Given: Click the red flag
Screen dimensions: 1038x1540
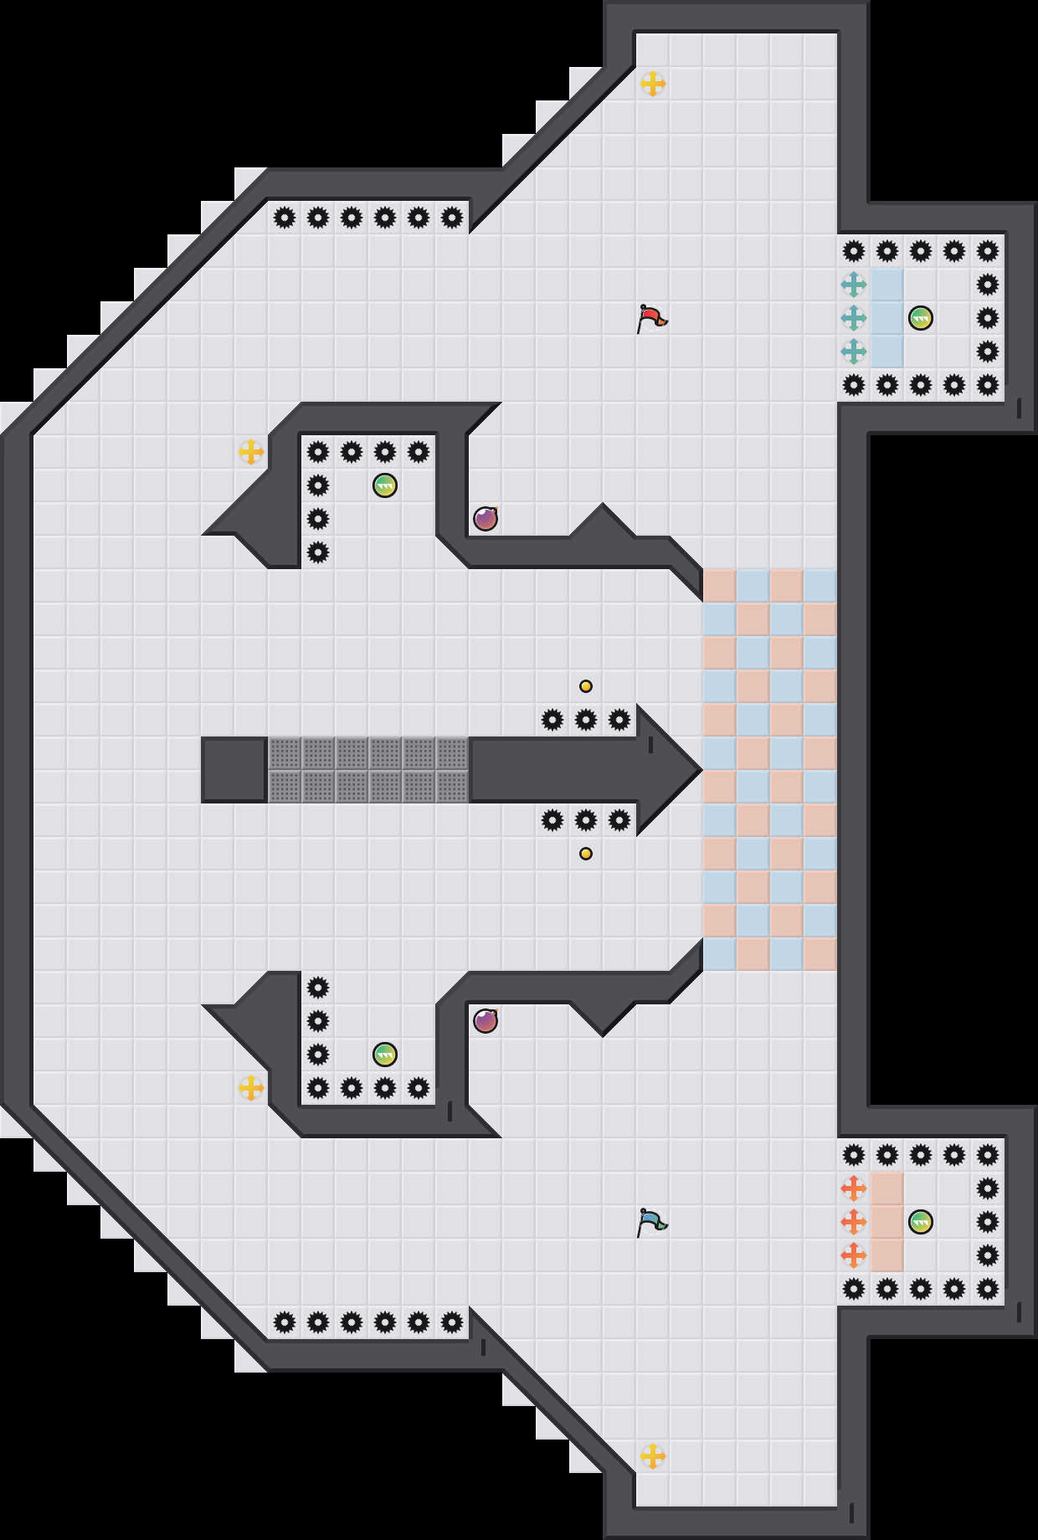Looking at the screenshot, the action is pyautogui.click(x=651, y=318).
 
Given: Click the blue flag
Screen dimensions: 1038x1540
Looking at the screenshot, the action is pyautogui.click(x=651, y=1222).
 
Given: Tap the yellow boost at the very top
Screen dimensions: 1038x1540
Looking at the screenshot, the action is pyautogui.click(x=653, y=84).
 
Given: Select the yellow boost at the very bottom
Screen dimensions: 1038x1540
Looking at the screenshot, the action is pyautogui.click(x=653, y=1456).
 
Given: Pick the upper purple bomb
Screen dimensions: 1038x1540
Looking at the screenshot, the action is pyautogui.click(x=486, y=519).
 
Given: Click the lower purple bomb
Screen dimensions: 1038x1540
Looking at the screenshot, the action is pyautogui.click(x=486, y=1021).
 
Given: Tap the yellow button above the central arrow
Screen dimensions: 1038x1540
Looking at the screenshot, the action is pyautogui.click(x=586, y=686).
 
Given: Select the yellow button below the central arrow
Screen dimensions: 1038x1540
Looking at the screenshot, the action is pyautogui.click(x=586, y=854).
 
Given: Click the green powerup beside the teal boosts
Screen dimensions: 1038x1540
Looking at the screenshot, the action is pyautogui.click(x=921, y=318).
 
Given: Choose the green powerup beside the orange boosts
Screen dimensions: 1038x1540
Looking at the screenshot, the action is pyautogui.click(x=921, y=1222).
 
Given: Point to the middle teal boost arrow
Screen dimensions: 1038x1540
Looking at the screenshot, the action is pyautogui.click(x=854, y=318).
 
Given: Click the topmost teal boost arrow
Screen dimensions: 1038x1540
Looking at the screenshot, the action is pyautogui.click(x=854, y=285).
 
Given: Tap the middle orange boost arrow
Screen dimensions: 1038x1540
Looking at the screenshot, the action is pyautogui.click(x=854, y=1222).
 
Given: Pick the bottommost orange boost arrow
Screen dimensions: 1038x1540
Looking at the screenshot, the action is pyautogui.click(x=854, y=1255).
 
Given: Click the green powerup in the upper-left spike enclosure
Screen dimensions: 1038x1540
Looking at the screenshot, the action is pyautogui.click(x=385, y=485).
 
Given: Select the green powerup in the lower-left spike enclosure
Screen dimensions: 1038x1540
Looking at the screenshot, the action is pyautogui.click(x=385, y=1055).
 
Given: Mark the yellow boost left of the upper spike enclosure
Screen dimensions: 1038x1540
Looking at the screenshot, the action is pyautogui.click(x=251, y=452).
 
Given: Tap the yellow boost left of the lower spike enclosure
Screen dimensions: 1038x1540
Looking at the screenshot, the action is pyautogui.click(x=251, y=1088).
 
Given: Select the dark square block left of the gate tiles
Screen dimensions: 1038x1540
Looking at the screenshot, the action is pyautogui.click(x=234, y=770).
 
